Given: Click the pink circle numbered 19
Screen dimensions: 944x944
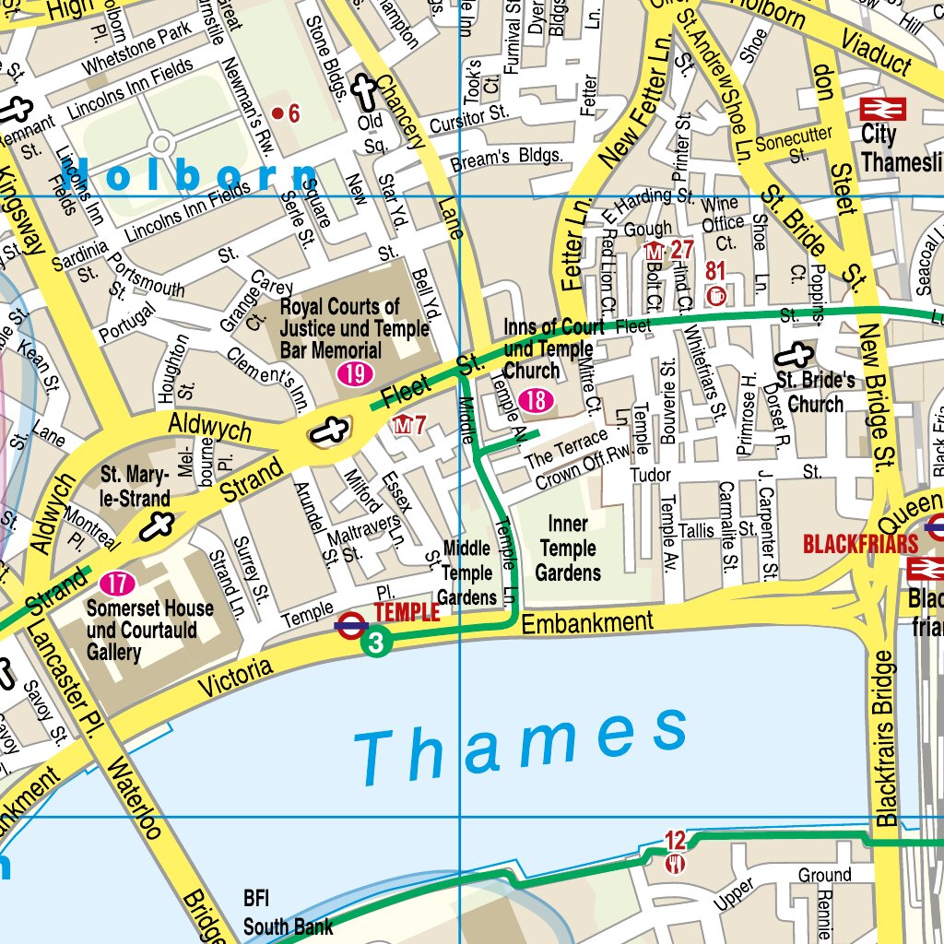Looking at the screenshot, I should (x=354, y=374).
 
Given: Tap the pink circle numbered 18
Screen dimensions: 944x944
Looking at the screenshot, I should (x=536, y=399).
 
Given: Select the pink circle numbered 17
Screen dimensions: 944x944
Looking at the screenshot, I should (x=117, y=584).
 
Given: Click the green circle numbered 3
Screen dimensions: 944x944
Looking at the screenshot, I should (x=375, y=642).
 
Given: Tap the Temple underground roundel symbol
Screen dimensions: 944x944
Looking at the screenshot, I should (x=351, y=624).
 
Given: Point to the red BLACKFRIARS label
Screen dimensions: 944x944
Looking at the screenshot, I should (x=860, y=543).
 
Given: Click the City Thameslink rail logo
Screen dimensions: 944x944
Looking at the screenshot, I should (x=882, y=110).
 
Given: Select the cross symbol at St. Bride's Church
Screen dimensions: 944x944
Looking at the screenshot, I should (x=794, y=357).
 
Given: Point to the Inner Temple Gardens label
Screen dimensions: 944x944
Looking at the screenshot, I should (x=568, y=549).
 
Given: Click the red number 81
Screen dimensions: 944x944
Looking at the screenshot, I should (x=716, y=270).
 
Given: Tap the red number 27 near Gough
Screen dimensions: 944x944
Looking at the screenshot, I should (x=681, y=250).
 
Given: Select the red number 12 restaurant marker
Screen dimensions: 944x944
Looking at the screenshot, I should (x=676, y=840).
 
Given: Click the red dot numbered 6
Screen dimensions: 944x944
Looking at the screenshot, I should (x=278, y=113).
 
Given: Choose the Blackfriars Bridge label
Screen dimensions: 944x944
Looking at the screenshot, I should (x=886, y=737).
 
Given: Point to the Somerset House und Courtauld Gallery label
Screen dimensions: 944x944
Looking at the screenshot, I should (x=149, y=631).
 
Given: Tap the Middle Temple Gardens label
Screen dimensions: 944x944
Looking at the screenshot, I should (x=466, y=572).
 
